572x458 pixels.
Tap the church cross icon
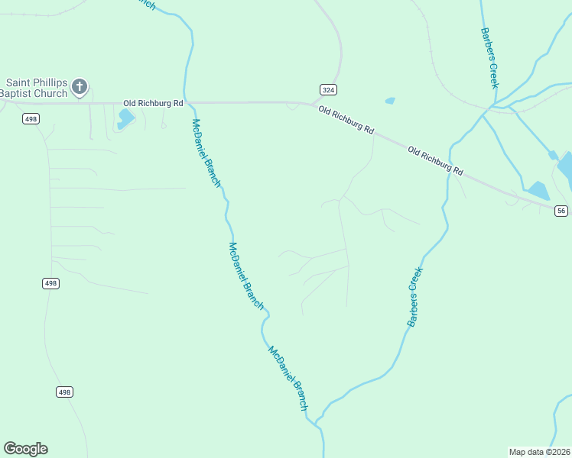point(80,87)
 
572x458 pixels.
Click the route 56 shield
point(561,211)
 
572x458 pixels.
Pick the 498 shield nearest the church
point(31,118)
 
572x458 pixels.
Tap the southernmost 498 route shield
point(64,392)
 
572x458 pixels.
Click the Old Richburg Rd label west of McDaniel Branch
point(154,102)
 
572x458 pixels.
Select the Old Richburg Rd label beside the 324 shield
point(346,120)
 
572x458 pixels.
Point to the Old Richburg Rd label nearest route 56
point(435,160)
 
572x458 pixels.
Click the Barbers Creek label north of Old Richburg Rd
point(489,58)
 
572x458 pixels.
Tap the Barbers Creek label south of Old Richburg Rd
point(415,297)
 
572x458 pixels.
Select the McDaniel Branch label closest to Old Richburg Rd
point(206,153)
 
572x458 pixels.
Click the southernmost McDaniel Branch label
point(288,379)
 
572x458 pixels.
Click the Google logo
point(25,449)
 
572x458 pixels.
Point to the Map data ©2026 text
point(539,452)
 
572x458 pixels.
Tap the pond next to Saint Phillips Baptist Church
point(125,118)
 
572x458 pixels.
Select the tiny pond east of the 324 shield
point(390,101)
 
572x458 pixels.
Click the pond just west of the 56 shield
point(538,190)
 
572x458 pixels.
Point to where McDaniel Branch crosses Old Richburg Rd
point(185,102)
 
